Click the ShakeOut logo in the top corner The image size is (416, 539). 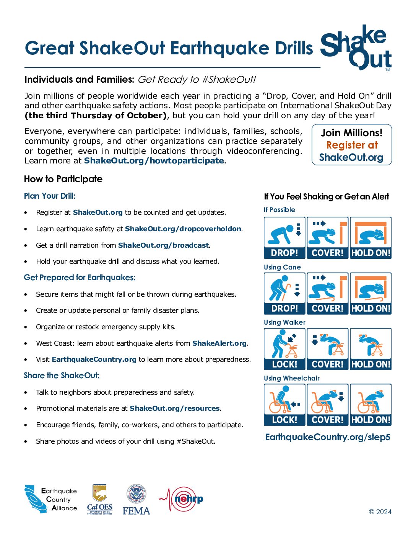click(356, 47)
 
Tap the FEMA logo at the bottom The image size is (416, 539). click(136, 500)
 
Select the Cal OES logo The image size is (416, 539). click(100, 499)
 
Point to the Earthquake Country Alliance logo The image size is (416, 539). click(50, 500)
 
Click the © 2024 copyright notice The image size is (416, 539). click(380, 512)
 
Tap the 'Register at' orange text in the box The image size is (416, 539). click(352, 145)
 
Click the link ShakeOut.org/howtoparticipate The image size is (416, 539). click(154, 161)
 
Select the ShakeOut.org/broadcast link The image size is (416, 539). click(163, 245)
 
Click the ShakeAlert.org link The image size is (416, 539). click(219, 343)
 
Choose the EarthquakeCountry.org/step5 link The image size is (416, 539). click(328, 437)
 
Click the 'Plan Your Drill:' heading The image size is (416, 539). click(50, 196)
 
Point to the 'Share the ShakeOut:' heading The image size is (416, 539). click(62, 376)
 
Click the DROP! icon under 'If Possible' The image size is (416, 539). click(284, 238)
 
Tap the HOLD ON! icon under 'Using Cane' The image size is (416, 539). click(370, 293)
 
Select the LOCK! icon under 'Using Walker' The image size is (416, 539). click(284, 349)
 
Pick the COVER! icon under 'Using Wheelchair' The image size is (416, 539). click(328, 405)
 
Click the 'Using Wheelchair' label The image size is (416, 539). click(291, 378)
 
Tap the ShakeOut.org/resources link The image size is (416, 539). click(174, 408)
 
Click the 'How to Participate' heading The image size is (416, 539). click(63, 179)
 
